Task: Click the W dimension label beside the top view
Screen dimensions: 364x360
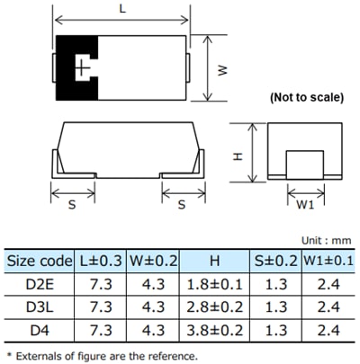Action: click(x=222, y=69)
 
